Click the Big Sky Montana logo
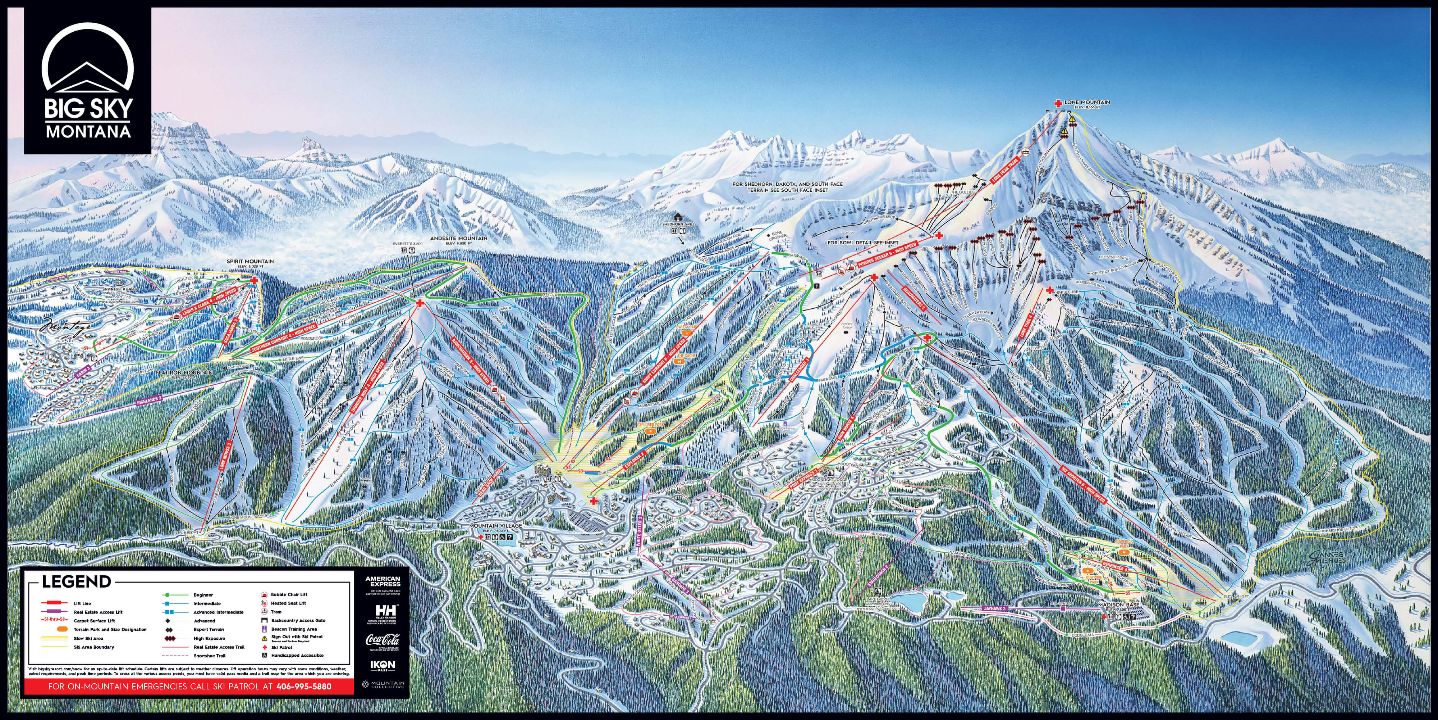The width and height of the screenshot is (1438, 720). tap(88, 81)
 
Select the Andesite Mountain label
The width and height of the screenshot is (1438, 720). tap(458, 239)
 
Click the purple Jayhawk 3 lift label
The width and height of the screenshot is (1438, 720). tap(994, 608)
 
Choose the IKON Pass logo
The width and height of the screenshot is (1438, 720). tap(383, 666)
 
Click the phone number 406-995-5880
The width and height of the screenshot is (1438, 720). tap(304, 687)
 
